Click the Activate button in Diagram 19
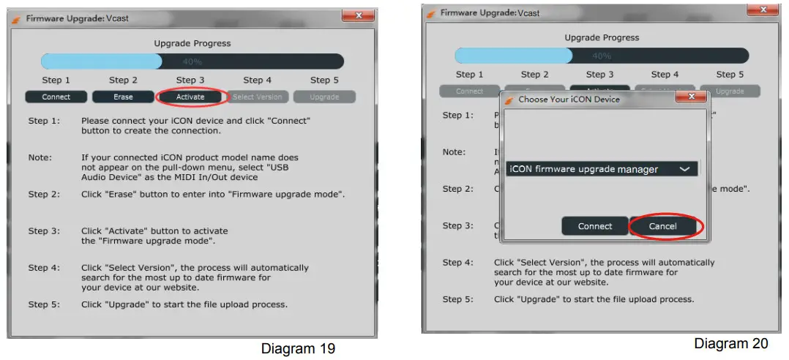[190, 97]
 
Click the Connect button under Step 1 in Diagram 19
[56, 97]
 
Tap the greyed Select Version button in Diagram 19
[257, 97]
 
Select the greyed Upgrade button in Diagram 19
[324, 97]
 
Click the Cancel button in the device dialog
[662, 226]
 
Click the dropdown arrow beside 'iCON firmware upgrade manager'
[684, 169]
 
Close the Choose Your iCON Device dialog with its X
[689, 97]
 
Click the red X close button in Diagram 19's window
[358, 15]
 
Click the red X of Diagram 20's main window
[763, 10]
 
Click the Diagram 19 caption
[298, 348]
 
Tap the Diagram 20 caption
[731, 343]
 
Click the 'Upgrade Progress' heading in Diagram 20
[602, 37]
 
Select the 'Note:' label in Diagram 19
[40, 157]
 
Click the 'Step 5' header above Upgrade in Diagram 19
[320, 80]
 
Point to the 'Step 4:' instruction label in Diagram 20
[457, 262]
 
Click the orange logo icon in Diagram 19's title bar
[16, 18]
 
